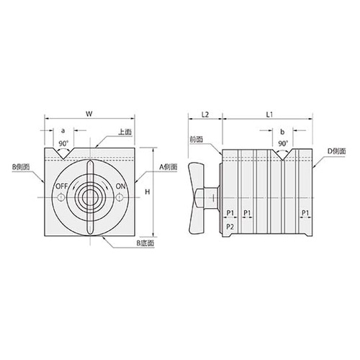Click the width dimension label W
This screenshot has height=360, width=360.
pyautogui.click(x=89, y=114)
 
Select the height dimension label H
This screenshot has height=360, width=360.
pyautogui.click(x=148, y=192)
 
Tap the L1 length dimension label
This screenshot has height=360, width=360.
pyautogui.click(x=270, y=114)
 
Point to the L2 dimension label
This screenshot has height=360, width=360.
pyautogui.click(x=205, y=114)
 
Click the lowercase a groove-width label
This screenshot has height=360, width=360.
pyautogui.click(x=63, y=131)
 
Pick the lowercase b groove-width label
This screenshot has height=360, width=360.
pyautogui.click(x=282, y=132)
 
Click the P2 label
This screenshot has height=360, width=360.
pyautogui.click(x=230, y=226)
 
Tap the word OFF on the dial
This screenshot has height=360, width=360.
pyautogui.click(x=62, y=186)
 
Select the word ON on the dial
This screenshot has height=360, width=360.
pyautogui.click(x=120, y=186)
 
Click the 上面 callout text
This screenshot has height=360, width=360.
pyautogui.click(x=125, y=132)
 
